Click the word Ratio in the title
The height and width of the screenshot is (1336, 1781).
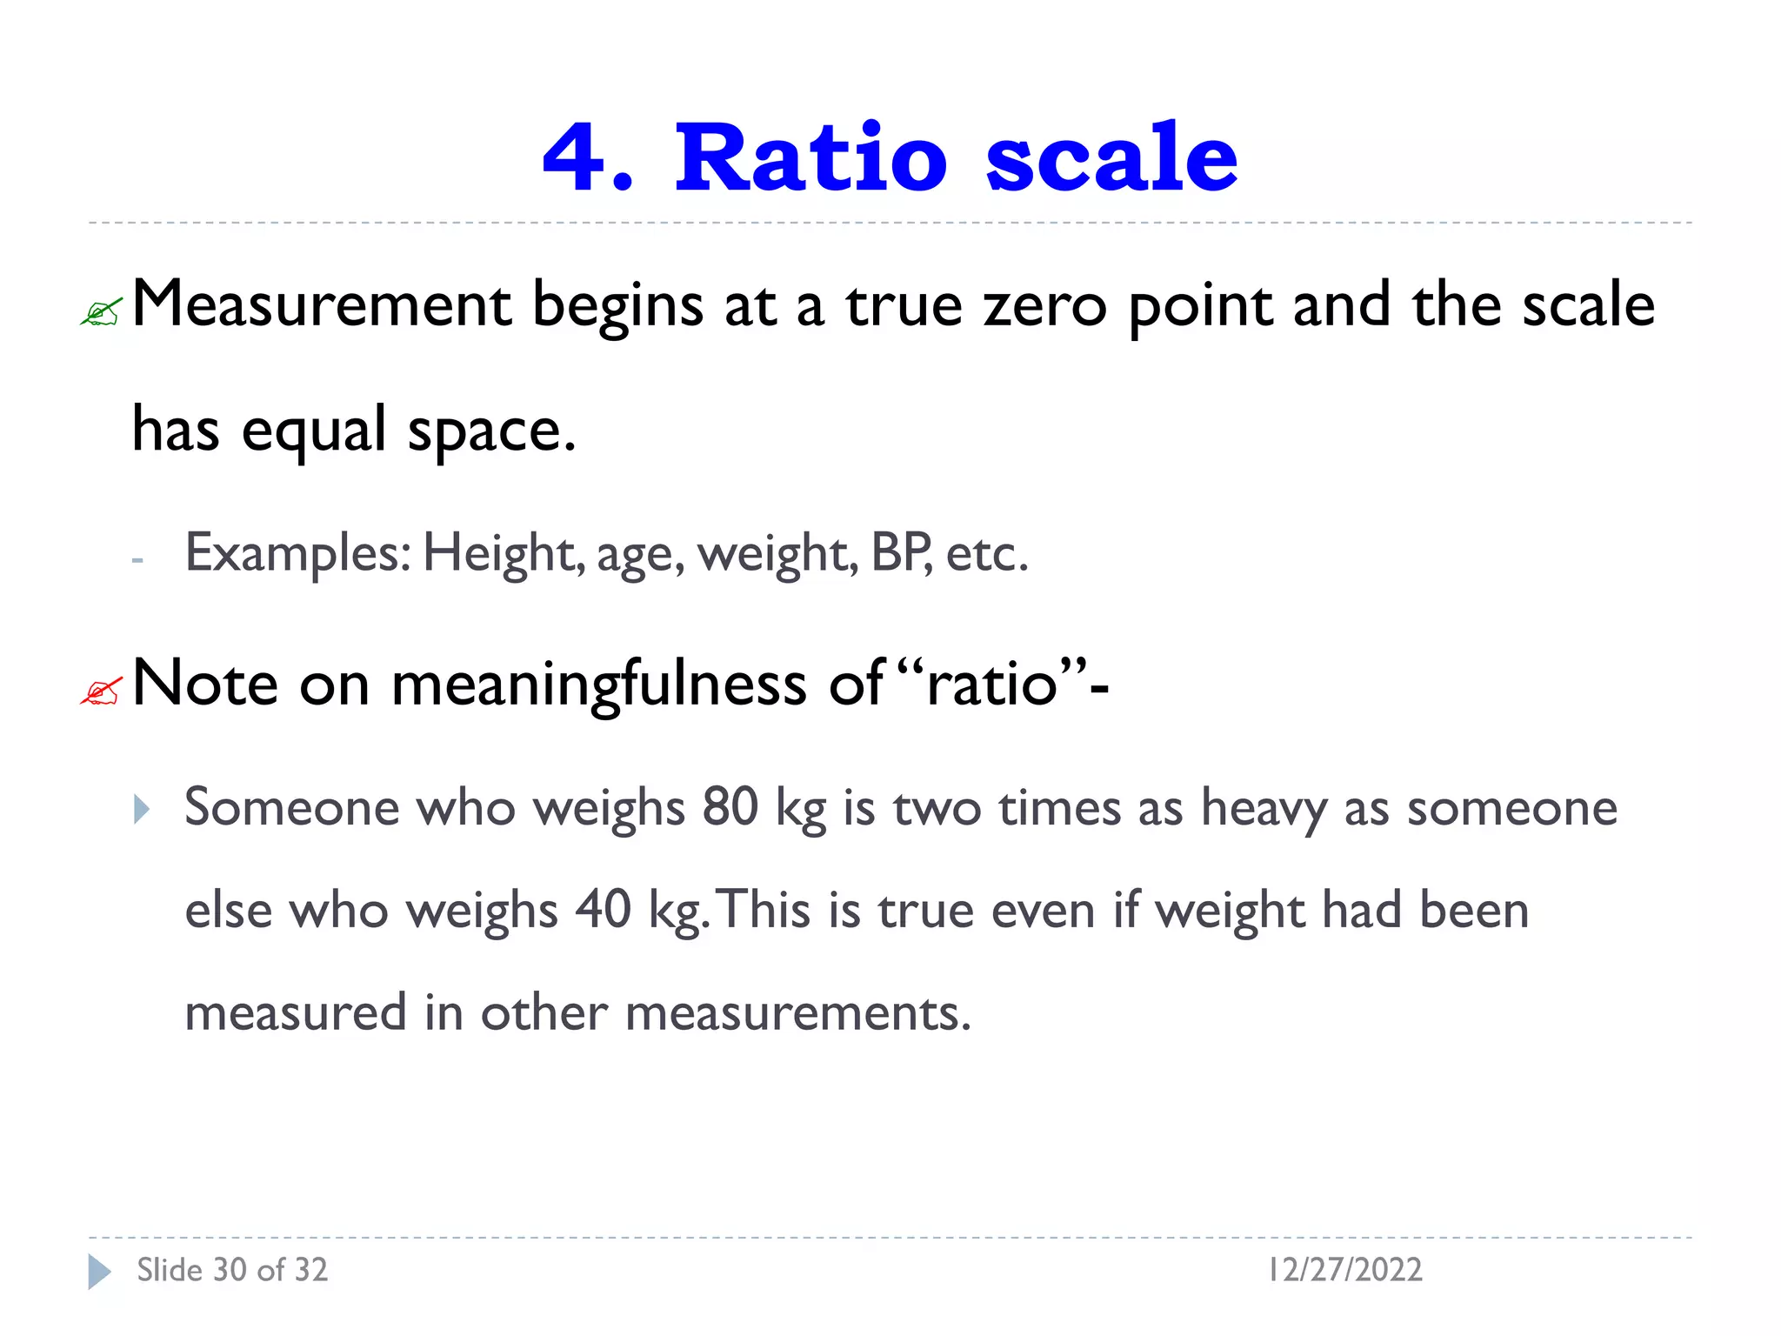[810, 157]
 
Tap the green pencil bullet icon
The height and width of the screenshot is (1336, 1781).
[102, 311]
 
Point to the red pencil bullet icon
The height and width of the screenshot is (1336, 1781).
[102, 691]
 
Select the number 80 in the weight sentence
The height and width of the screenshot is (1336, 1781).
[730, 806]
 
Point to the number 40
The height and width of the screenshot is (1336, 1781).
[603, 910]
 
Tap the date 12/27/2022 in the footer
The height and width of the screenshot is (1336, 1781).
[1344, 1270]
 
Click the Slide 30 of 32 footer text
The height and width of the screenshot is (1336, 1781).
[232, 1270]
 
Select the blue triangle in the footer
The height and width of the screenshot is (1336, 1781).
[99, 1272]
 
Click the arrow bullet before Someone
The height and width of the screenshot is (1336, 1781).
[142, 810]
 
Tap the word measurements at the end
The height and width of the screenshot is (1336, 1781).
[797, 1012]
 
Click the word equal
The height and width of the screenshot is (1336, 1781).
[314, 431]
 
